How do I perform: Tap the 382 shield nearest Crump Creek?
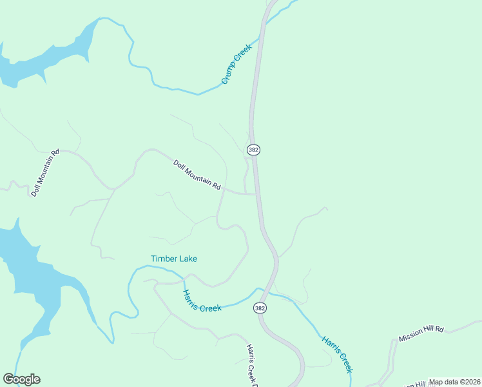tap(253, 150)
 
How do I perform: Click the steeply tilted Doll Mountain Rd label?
tap(45, 172)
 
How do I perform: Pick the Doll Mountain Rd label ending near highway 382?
tap(197, 174)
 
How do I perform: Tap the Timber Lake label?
tap(174, 259)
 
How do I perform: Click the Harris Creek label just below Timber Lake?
tap(202, 301)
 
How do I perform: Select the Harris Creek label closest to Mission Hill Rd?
tap(338, 353)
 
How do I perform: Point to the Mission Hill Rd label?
tap(421, 333)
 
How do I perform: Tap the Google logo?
tap(21, 379)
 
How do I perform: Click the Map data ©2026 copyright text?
tap(454, 382)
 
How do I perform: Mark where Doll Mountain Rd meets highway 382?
tap(257, 193)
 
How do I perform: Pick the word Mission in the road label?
tap(411, 337)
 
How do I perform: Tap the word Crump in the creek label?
tap(229, 74)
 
